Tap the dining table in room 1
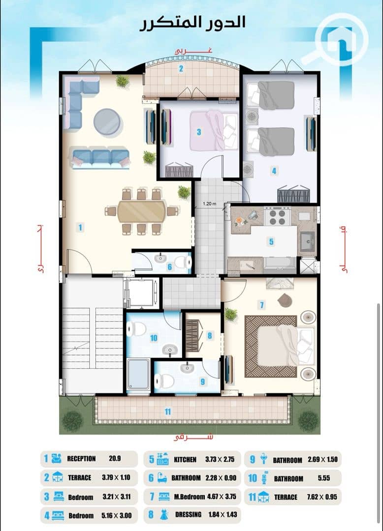(x=142, y=211)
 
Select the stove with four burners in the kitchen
(x=277, y=217)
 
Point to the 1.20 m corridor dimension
(x=209, y=204)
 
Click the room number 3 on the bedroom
(x=199, y=132)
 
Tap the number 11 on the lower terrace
(x=167, y=412)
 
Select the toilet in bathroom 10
(x=136, y=329)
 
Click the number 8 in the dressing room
(x=210, y=335)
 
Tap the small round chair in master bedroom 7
(x=285, y=300)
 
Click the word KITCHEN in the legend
(x=185, y=460)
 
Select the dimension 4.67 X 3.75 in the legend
(x=222, y=497)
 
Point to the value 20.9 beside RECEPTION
(x=115, y=459)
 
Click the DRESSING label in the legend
(x=188, y=514)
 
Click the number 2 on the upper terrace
(x=181, y=68)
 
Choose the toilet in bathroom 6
(x=182, y=262)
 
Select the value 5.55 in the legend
(x=324, y=478)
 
